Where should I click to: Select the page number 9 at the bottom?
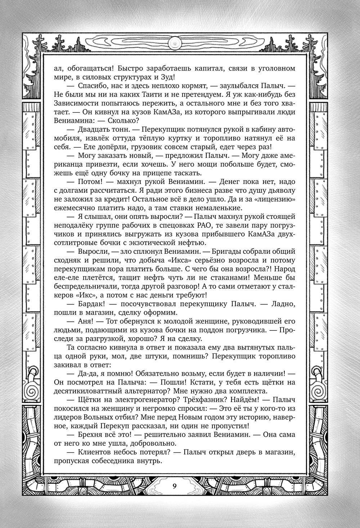pos(174,486)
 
